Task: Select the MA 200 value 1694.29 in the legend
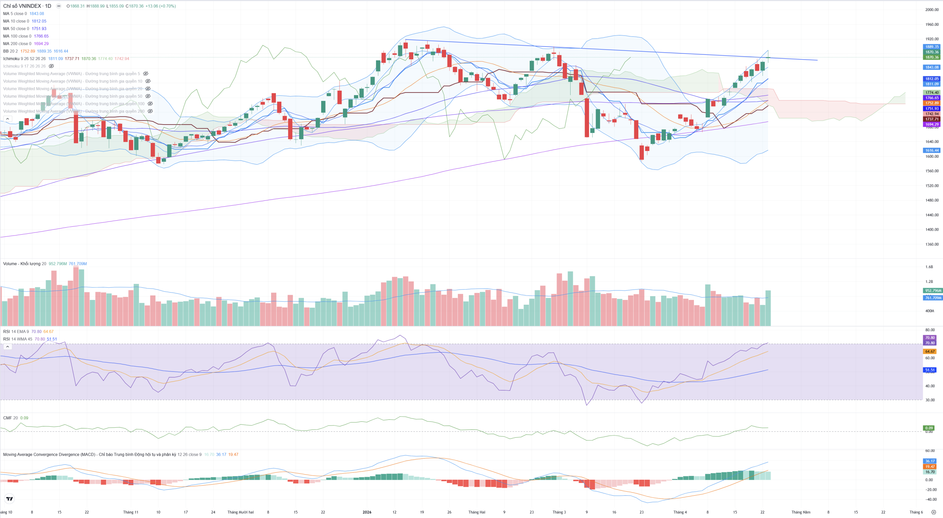pos(41,43)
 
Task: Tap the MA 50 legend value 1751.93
pos(39,29)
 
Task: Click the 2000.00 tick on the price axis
pos(932,10)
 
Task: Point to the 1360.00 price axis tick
pos(932,244)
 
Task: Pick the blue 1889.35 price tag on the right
pos(932,47)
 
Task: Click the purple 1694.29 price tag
pos(932,125)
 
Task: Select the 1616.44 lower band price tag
pos(932,150)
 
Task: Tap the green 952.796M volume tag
pos(933,291)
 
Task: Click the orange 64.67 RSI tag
pos(930,351)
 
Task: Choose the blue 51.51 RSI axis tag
pos(930,370)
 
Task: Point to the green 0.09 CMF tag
pos(929,428)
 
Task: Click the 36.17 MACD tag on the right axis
pos(930,461)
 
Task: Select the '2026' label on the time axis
pos(367,512)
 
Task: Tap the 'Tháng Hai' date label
pos(477,512)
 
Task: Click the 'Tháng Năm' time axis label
pos(801,512)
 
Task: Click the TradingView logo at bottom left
pos(10,499)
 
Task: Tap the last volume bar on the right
pos(768,308)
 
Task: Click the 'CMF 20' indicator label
pos(10,418)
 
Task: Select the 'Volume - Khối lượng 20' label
pos(25,264)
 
